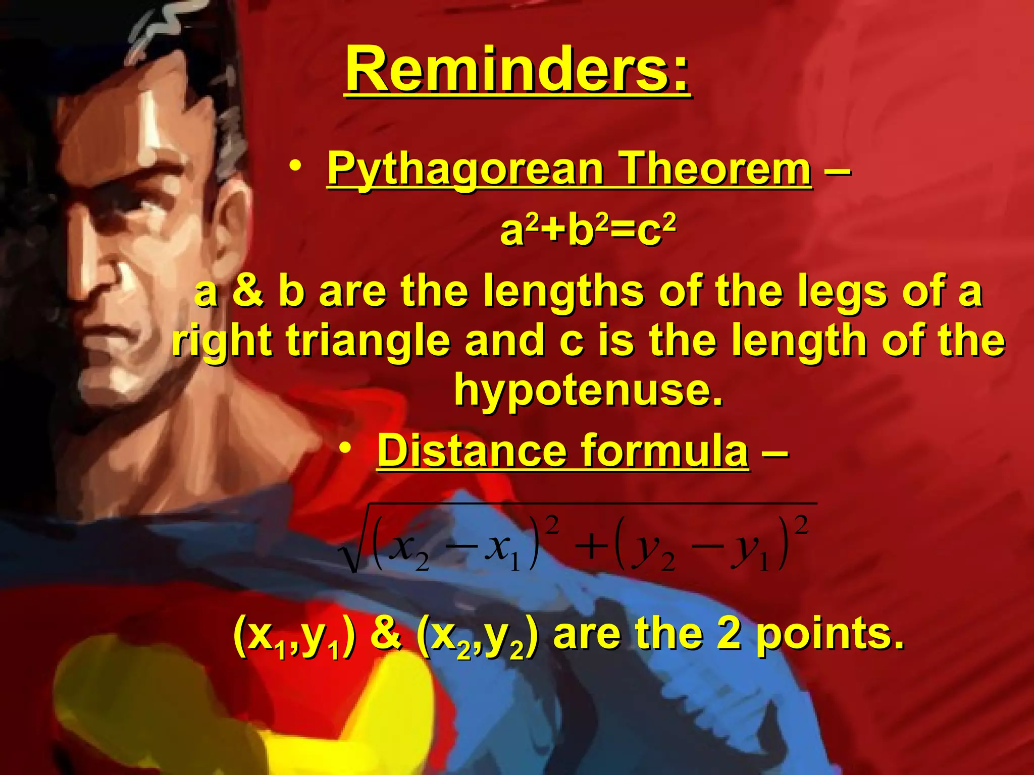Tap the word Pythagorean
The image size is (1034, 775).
click(x=464, y=169)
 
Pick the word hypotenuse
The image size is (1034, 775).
click(x=588, y=391)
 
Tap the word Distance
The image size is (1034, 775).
click(x=472, y=450)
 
